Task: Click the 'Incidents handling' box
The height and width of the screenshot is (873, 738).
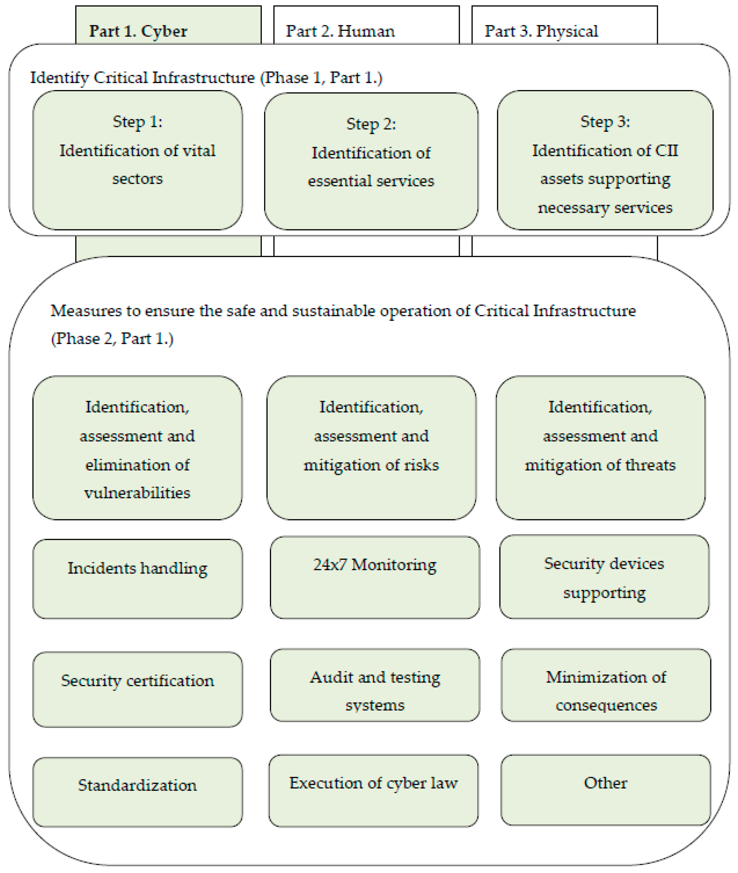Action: [138, 578]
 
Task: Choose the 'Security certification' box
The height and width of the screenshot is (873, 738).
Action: [138, 689]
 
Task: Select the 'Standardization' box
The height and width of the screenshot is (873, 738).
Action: [138, 792]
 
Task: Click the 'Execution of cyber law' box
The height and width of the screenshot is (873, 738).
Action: [373, 790]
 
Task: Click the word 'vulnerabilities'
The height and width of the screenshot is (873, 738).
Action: [137, 493]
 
